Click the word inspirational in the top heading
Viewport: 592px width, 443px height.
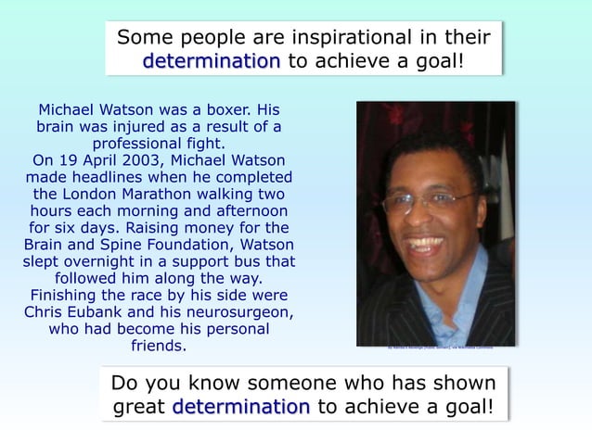tap(370, 39)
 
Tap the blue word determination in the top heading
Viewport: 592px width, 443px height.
tap(212, 62)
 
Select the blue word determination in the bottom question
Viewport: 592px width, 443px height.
tap(241, 407)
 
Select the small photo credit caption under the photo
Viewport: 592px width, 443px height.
tap(435, 349)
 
